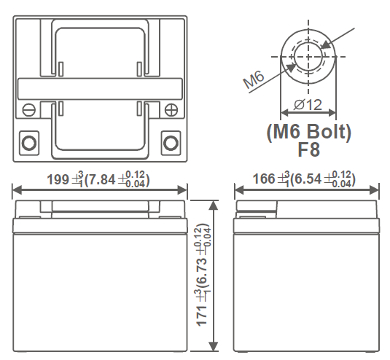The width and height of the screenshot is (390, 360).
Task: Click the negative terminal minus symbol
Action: (29, 109)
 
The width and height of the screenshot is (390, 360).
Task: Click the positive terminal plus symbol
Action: (171, 109)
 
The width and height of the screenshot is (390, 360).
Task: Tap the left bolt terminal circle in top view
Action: (29, 143)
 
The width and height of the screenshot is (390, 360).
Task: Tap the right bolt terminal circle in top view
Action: (171, 143)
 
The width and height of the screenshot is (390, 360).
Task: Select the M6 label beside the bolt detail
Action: (254, 79)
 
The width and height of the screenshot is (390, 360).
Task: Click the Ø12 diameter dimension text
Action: (308, 105)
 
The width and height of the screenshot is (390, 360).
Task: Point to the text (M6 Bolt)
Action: (308, 132)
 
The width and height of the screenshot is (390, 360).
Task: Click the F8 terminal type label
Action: (308, 149)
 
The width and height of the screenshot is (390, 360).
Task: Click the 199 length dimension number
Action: (58, 179)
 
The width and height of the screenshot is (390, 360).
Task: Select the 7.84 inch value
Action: (102, 179)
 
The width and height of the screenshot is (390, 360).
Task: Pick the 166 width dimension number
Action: (264, 179)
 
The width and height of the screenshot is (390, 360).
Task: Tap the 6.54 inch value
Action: (308, 179)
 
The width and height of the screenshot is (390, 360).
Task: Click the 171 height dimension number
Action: (202, 316)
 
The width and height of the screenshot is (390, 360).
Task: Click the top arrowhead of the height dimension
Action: (213, 206)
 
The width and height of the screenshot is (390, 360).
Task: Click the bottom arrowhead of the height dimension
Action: (213, 346)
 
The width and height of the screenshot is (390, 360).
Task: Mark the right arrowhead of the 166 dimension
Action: (374, 190)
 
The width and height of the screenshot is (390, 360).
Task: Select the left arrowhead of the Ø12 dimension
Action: (285, 113)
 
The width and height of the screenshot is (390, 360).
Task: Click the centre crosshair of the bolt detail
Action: (308, 57)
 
